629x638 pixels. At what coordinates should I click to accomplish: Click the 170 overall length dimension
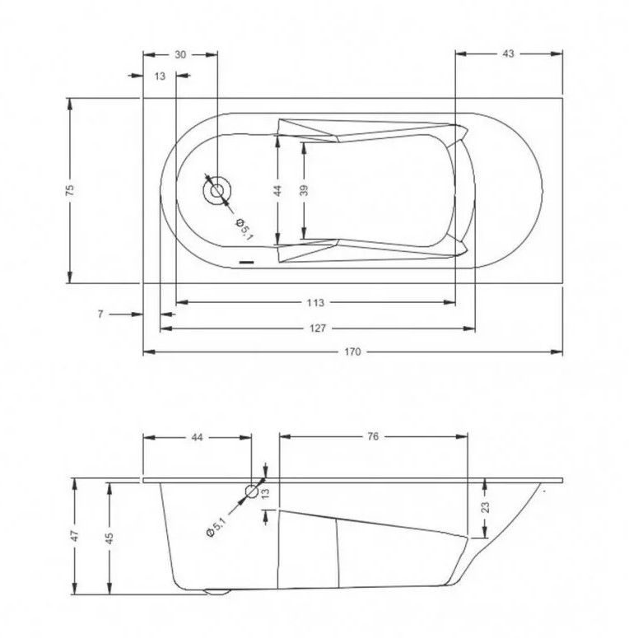pyautogui.click(x=352, y=352)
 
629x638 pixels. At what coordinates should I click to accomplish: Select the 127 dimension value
pyautogui.click(x=317, y=328)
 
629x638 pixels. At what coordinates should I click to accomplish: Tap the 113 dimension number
pyautogui.click(x=315, y=303)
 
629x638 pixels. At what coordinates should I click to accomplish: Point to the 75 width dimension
pyautogui.click(x=70, y=190)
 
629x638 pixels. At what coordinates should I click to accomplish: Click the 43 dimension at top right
pyautogui.click(x=508, y=54)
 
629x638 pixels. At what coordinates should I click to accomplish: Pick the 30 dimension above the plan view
pyautogui.click(x=180, y=54)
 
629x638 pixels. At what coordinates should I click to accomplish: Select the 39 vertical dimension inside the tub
pyautogui.click(x=304, y=190)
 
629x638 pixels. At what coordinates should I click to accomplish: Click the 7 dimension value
pyautogui.click(x=100, y=314)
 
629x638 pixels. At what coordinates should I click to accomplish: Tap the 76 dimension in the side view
pyautogui.click(x=373, y=436)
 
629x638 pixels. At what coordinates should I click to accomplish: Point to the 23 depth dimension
pyautogui.click(x=485, y=507)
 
